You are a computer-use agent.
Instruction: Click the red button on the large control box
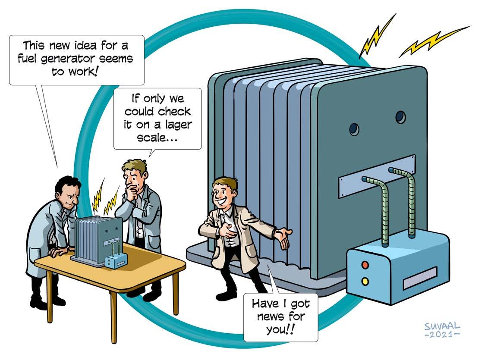coord(365,265)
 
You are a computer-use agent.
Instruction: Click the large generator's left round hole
coord(355,128)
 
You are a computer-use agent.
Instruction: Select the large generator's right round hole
coord(400,117)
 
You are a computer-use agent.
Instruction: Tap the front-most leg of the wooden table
coord(113,315)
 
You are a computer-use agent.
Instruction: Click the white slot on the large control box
coord(419,278)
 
